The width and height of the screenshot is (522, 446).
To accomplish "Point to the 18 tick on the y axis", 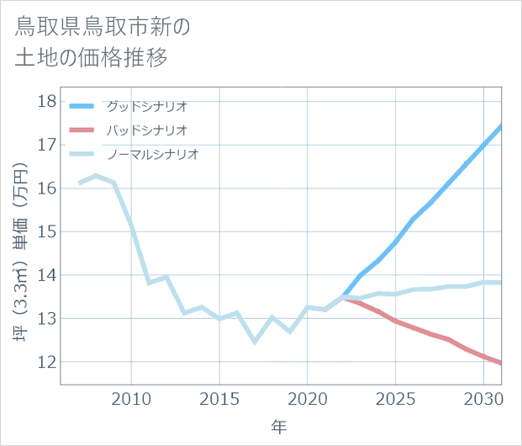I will click(47, 102).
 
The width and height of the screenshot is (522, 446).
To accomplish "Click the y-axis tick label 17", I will click(47, 145).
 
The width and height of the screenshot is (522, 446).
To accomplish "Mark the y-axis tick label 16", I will click(47, 188).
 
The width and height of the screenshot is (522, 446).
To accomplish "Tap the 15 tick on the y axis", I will click(47, 231).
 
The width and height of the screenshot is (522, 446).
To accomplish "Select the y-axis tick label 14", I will click(47, 275).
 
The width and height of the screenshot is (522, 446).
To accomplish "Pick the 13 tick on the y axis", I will click(47, 318).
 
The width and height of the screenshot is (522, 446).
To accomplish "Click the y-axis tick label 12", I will click(47, 362).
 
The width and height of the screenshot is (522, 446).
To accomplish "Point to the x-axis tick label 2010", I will click(131, 398).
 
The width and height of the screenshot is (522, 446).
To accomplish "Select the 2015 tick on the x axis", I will click(219, 398).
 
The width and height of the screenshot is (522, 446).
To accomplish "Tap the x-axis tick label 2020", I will click(308, 398).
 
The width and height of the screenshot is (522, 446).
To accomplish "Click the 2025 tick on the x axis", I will click(395, 398).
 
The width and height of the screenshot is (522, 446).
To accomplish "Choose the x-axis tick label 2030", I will click(483, 398).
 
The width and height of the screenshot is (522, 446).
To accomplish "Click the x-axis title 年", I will click(280, 427).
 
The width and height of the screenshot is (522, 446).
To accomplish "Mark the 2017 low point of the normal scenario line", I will click(255, 342).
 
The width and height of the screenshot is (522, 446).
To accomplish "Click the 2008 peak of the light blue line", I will click(96, 176).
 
